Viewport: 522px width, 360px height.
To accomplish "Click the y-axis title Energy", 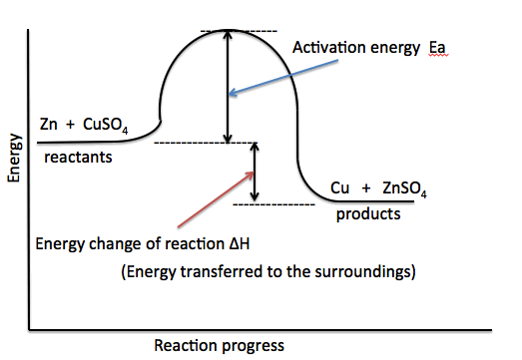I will [x=15, y=160].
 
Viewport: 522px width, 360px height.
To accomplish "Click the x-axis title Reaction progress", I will [x=219, y=345].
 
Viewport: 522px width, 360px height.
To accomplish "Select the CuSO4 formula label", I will [x=108, y=127].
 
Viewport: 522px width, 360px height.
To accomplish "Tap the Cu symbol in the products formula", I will [x=340, y=188].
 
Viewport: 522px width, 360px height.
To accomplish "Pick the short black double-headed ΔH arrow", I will [x=257, y=173].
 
